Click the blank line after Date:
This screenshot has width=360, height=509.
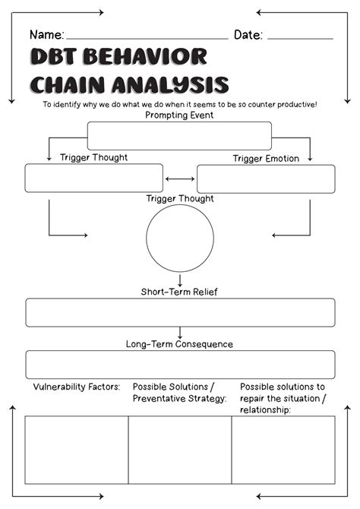[300, 36]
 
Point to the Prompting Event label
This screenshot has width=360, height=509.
[179, 115]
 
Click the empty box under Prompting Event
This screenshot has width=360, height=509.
[179, 136]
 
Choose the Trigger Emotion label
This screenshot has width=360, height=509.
[266, 158]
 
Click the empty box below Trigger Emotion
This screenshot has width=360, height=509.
[266, 179]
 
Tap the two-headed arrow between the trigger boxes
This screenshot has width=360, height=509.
[180, 179]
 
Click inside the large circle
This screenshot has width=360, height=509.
[180, 238]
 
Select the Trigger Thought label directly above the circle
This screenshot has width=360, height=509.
[180, 199]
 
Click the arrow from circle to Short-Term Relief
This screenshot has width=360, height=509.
[180, 279]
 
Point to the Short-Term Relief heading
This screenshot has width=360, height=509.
[179, 292]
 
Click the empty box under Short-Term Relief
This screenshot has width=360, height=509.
[180, 312]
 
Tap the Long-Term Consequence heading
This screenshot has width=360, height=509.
[179, 344]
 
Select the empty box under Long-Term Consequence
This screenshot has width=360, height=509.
[180, 365]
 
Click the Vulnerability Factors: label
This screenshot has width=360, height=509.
[77, 387]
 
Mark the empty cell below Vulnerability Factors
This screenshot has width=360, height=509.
[77, 450]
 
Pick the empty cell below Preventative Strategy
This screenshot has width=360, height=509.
[180, 450]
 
